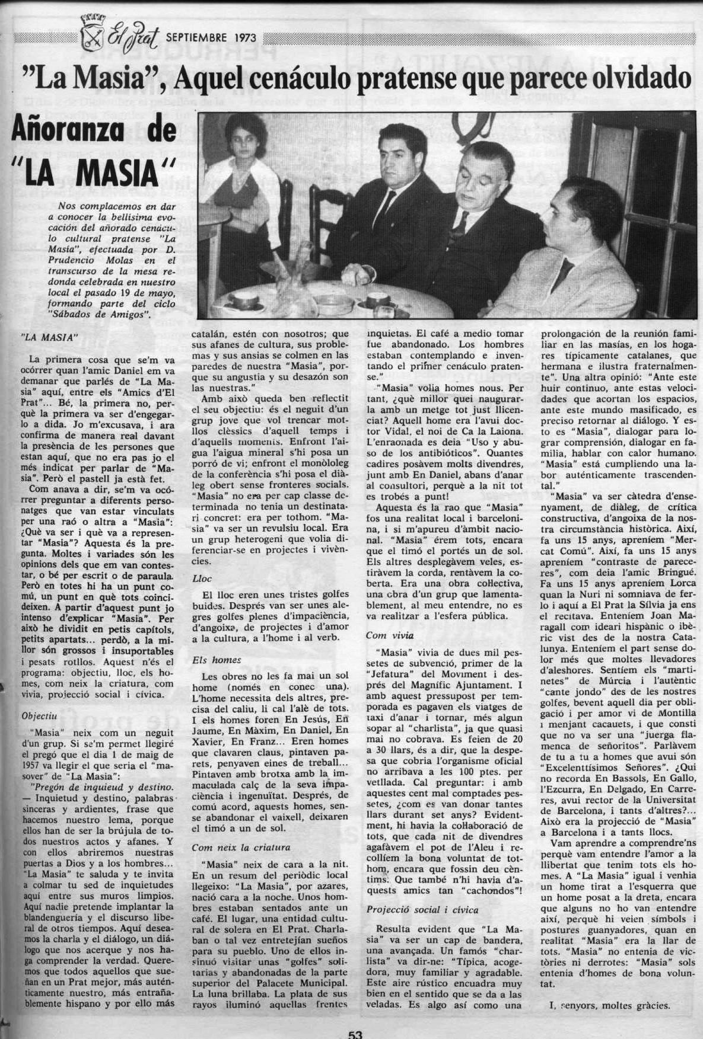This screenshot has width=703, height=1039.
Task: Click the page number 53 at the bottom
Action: point(355,1033)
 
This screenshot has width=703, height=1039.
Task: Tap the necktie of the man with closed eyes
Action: point(457,231)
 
